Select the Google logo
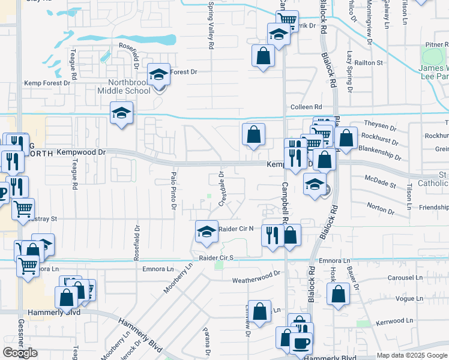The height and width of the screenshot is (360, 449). (20, 353)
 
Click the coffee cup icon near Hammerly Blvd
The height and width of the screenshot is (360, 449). (301, 343)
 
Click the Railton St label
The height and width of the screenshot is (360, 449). (371, 62)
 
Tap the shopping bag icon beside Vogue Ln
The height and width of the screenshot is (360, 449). (339, 295)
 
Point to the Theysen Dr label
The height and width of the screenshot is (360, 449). (381, 128)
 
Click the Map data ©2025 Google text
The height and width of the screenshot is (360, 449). (411, 355)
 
